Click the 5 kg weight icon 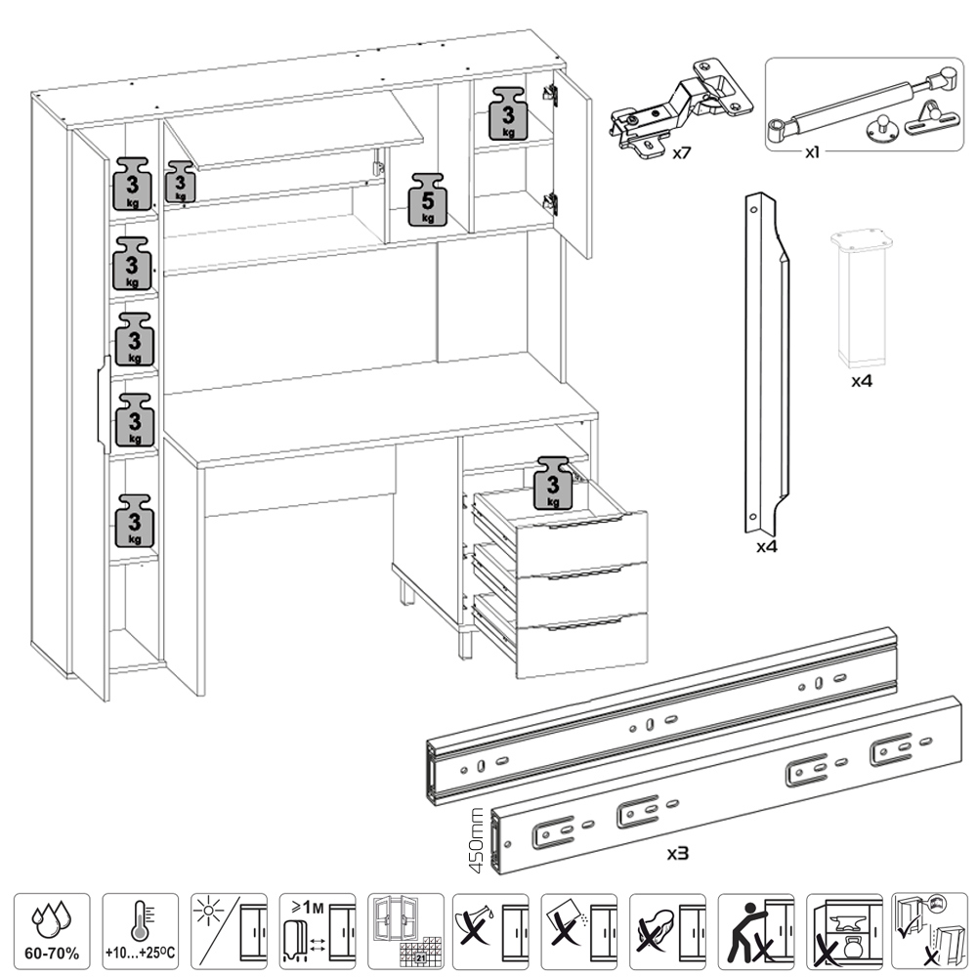(427, 199)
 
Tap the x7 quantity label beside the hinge (682, 153)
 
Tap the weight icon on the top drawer (554, 482)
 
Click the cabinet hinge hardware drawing (682, 108)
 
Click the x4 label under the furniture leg (861, 380)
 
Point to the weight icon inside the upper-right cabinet (508, 113)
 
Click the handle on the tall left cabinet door (101, 404)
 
